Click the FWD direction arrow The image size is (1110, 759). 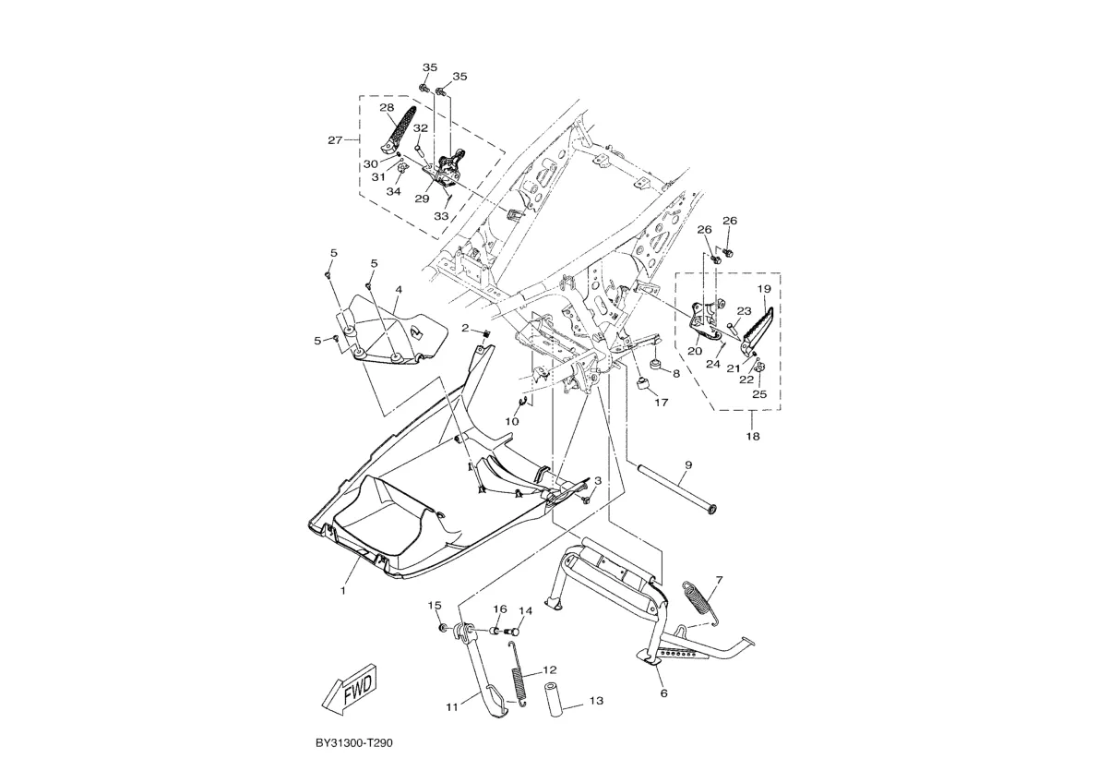(x=351, y=689)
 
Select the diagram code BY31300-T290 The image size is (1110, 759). (x=354, y=742)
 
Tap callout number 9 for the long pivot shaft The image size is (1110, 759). (x=688, y=465)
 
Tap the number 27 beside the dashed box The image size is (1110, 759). (x=335, y=140)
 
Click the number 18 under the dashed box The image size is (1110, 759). (x=752, y=436)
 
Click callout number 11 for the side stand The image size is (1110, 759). (x=451, y=707)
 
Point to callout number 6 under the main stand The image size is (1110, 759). (x=663, y=693)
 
